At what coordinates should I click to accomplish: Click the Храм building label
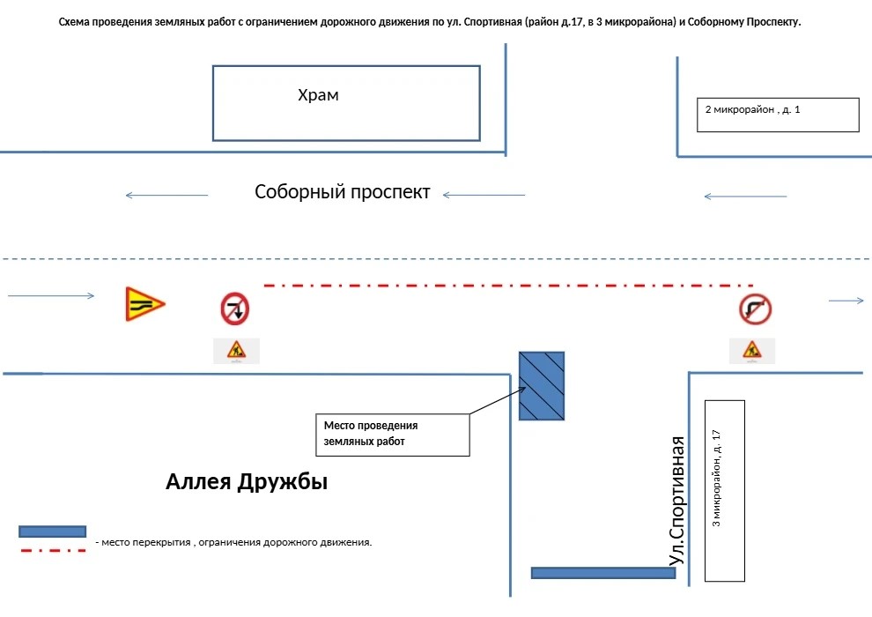click(318, 95)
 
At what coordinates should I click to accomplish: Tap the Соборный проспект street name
click(342, 192)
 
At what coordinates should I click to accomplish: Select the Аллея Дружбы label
click(247, 482)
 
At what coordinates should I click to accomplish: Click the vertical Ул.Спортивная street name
click(676, 501)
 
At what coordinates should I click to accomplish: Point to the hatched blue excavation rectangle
click(542, 385)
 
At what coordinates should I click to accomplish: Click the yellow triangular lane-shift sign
click(144, 304)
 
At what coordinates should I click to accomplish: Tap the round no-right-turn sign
click(755, 309)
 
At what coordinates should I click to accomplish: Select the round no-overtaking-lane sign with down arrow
click(234, 308)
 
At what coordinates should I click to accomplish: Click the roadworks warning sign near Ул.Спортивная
click(752, 351)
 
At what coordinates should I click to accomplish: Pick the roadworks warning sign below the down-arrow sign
click(236, 351)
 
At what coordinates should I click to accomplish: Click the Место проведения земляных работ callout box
click(393, 435)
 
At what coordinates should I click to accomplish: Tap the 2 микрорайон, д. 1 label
click(752, 109)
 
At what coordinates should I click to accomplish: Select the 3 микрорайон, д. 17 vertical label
click(716, 478)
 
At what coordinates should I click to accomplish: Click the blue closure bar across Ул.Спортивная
click(603, 573)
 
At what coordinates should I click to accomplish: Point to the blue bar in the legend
click(52, 532)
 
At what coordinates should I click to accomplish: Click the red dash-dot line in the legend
click(54, 551)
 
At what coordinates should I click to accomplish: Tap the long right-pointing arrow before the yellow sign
click(51, 295)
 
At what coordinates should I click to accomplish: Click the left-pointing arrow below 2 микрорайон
click(745, 197)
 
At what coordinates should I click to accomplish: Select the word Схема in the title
click(74, 22)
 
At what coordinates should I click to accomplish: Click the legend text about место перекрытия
click(233, 542)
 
